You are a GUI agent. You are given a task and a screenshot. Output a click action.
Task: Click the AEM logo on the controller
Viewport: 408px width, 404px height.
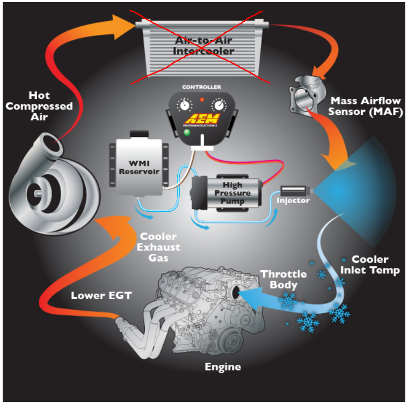(201, 119)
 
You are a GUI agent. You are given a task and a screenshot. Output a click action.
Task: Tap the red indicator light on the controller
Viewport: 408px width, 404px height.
(201, 100)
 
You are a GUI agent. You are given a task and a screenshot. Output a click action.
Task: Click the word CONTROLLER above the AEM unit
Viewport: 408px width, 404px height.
(201, 86)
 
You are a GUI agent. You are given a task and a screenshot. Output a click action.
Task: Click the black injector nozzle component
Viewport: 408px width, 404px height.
(293, 190)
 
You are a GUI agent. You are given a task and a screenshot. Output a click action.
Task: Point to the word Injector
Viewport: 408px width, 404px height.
(293, 201)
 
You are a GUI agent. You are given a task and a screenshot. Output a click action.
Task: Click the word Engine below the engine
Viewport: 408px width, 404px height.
(223, 367)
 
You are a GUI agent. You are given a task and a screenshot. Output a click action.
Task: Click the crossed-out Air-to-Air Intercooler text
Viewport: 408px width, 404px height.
(204, 46)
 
